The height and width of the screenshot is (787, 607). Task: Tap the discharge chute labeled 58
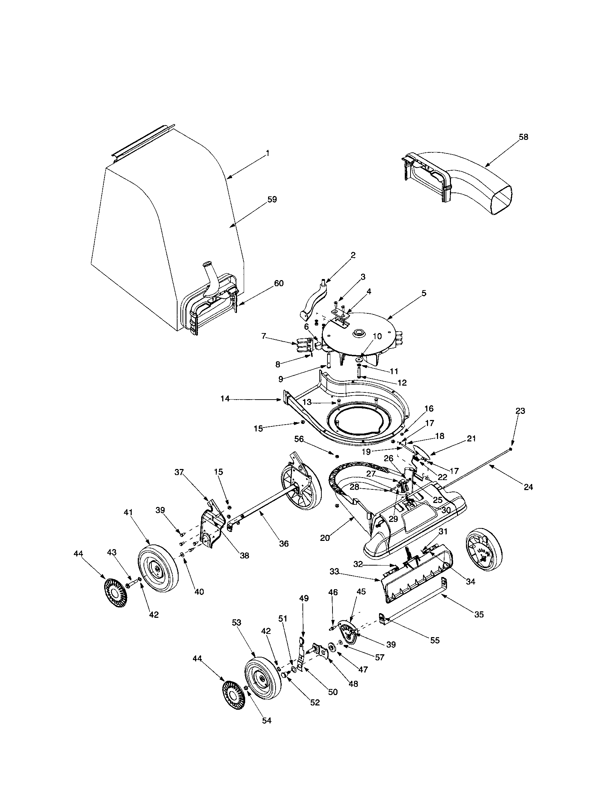(465, 180)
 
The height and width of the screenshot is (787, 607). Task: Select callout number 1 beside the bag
(267, 153)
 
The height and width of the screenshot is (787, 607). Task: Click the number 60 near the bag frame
(279, 283)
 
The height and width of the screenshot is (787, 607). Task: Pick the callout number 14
(225, 399)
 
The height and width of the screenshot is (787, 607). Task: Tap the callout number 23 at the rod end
(520, 411)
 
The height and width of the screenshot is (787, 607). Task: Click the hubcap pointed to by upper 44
(115, 592)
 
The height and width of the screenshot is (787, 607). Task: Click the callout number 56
(299, 439)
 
